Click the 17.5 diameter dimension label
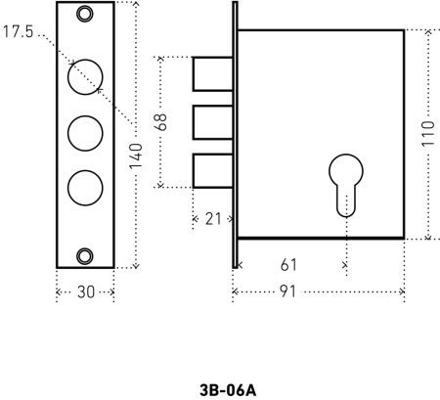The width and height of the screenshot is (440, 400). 19,32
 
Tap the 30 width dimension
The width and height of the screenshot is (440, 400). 85,291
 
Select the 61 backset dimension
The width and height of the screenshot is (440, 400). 289,264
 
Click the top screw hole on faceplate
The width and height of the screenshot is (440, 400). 86,13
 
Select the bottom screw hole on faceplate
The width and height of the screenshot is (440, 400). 86,254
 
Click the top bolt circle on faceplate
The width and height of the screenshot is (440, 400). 86,74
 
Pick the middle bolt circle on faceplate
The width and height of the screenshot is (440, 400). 86,131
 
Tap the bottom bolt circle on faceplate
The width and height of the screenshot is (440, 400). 86,186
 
